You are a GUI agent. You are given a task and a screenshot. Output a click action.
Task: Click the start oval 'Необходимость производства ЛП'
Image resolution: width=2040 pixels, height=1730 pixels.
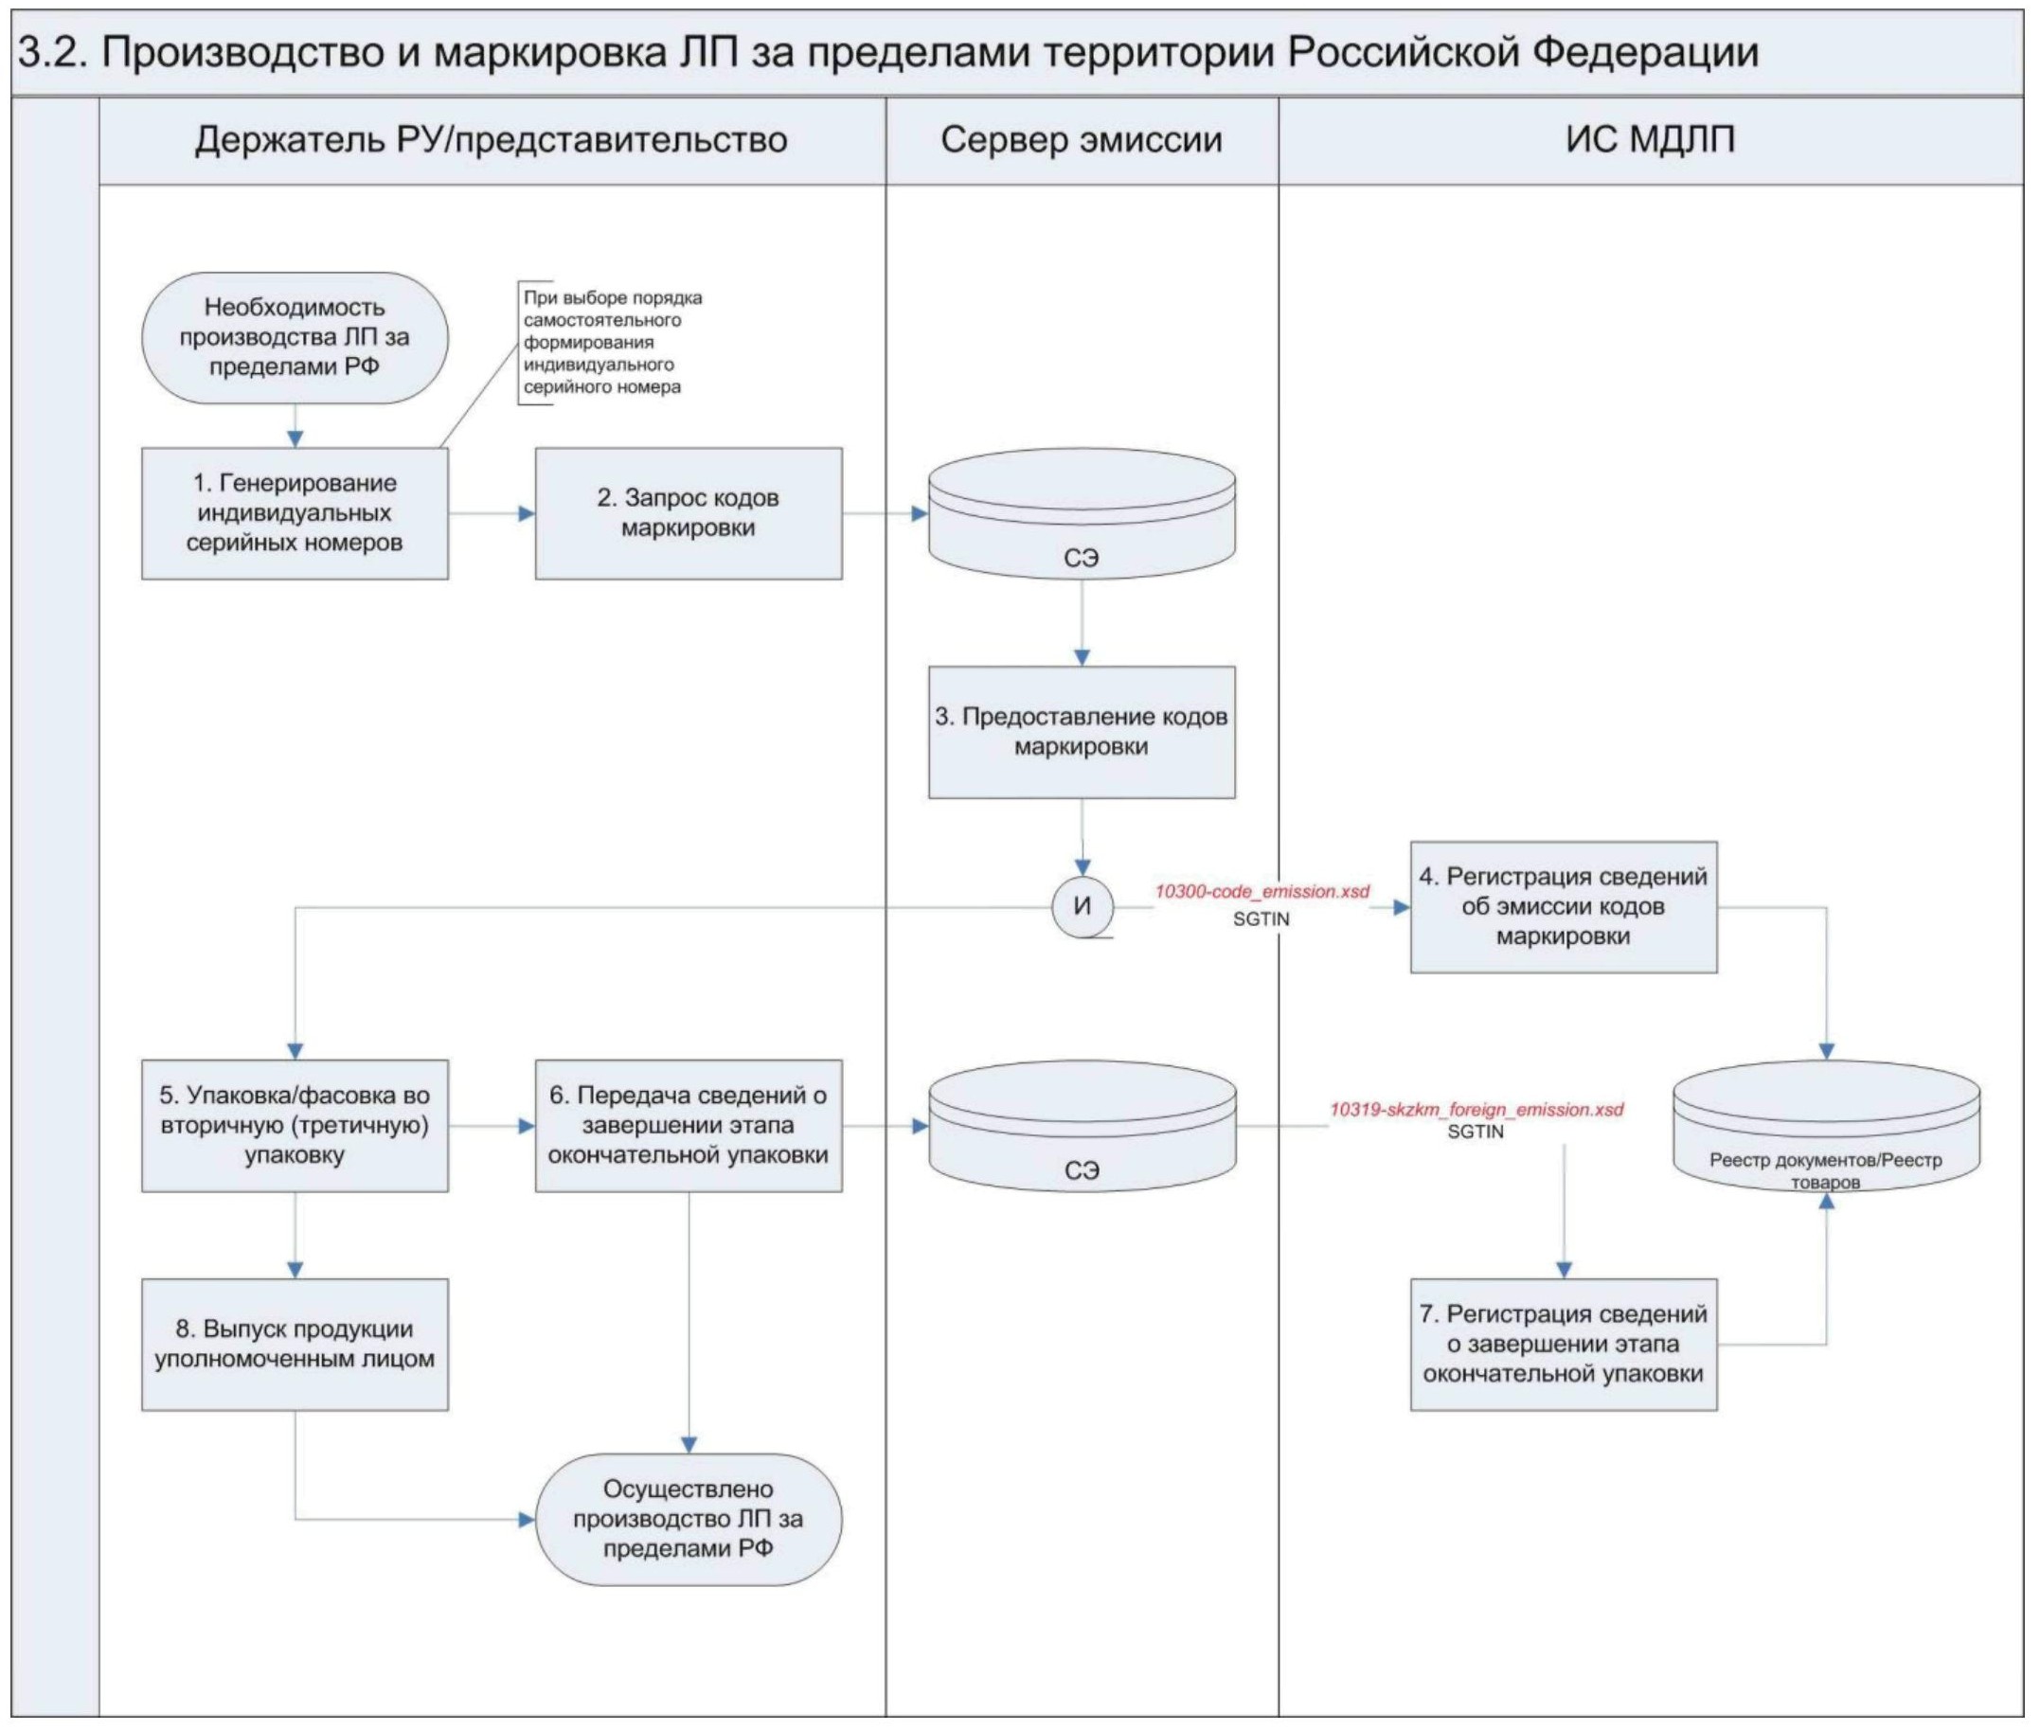295,337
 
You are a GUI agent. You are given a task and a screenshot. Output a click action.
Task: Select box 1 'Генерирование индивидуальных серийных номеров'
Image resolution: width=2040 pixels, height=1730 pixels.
295,513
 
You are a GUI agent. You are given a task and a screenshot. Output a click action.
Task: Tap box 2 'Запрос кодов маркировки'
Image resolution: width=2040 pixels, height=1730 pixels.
688,513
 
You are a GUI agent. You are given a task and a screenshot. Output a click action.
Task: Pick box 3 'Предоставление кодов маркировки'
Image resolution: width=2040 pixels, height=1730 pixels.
1081,732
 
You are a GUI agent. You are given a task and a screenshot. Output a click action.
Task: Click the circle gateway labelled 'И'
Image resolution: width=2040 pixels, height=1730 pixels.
1082,906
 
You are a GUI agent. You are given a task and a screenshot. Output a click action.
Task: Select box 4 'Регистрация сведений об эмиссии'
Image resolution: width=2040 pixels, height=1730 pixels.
1563,906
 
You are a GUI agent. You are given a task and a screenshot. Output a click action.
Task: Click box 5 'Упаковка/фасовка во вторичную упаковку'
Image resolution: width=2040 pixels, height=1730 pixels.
295,1125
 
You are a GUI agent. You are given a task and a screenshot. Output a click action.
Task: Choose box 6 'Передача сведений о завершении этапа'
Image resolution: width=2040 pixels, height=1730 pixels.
688,1125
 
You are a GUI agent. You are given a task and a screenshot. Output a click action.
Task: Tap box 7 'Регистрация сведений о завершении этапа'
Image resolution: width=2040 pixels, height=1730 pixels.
1563,1344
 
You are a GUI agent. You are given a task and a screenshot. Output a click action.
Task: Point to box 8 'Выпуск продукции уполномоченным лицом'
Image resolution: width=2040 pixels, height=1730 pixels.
295,1344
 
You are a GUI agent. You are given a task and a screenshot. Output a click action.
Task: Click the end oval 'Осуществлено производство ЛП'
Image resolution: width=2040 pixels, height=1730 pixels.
688,1519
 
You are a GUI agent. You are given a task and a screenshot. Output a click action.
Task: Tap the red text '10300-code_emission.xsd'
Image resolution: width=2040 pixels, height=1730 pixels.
1262,891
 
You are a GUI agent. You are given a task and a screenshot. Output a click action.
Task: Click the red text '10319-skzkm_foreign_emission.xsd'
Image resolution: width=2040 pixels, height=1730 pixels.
1476,1109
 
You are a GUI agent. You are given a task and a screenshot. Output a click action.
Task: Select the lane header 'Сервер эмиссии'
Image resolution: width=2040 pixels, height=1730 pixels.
1081,140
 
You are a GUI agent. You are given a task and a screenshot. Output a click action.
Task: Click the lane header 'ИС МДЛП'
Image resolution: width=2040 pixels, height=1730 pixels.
1650,140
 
